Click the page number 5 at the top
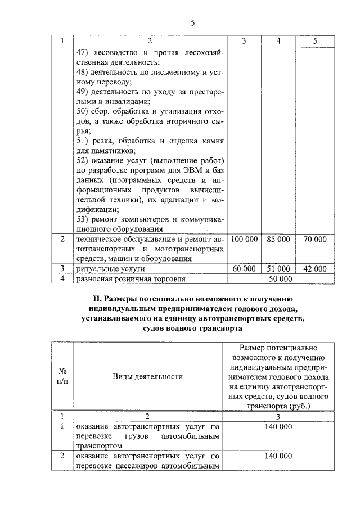(x=192, y=23)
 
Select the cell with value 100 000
(x=244, y=239)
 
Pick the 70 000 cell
(x=314, y=239)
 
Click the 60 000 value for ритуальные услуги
(x=244, y=269)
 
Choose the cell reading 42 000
(x=314, y=269)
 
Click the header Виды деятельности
(x=148, y=377)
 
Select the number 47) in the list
(x=83, y=52)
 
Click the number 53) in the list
(x=83, y=219)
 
